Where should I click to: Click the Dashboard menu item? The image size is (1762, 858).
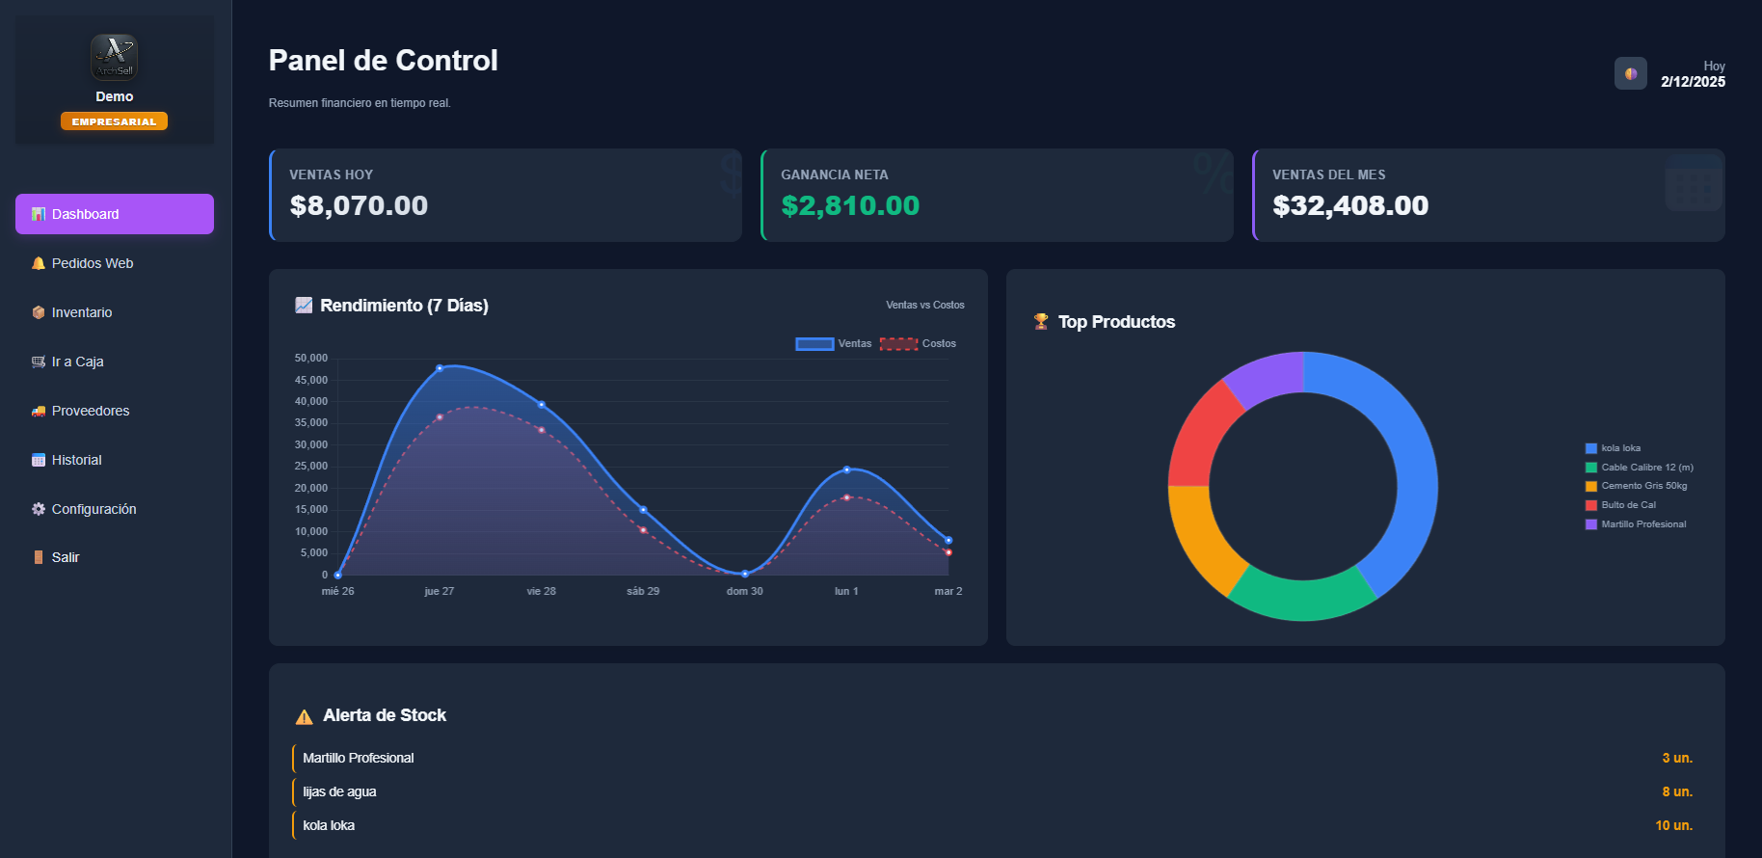point(114,214)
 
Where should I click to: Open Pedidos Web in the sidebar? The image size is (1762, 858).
point(93,263)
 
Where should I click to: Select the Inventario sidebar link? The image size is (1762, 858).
point(82,312)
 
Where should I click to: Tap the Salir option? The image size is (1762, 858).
point(66,557)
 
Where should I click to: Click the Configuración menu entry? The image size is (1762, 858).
point(93,509)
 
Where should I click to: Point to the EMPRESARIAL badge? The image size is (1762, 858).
point(114,121)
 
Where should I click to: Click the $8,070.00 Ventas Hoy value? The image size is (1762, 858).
point(359,205)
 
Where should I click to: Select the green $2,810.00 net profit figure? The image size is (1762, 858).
point(850,205)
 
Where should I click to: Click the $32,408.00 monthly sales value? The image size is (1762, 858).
point(1350,205)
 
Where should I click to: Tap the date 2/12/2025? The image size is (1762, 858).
point(1693,82)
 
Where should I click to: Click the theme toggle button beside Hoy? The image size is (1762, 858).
point(1631,73)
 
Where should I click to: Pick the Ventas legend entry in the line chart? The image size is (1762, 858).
point(834,344)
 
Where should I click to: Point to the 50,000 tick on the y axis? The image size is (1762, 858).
point(311,358)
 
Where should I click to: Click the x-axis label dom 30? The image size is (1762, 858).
point(744,591)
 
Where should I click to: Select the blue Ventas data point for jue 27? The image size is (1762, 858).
point(440,368)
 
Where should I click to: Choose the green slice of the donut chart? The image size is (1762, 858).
point(1301,598)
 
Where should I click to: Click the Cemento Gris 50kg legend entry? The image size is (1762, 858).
point(1642,486)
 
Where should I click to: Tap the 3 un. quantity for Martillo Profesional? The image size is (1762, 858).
point(1676,758)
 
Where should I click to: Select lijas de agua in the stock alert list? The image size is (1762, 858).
point(339,791)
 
